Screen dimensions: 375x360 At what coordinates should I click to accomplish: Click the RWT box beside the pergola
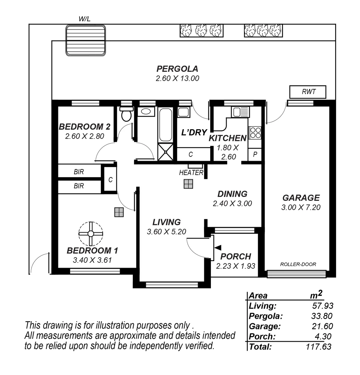[x=308, y=92]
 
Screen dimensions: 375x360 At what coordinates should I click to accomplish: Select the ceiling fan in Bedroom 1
[x=91, y=234]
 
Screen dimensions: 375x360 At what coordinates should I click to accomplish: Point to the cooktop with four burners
[x=255, y=133]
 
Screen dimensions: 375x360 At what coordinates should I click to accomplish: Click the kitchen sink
[x=240, y=112]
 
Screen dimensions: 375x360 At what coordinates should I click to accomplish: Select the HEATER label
[x=191, y=173]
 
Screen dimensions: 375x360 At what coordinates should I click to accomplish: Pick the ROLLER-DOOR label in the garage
[x=298, y=264]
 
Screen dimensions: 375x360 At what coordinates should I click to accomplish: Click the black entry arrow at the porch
[x=218, y=247]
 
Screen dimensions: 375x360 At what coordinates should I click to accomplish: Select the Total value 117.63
[x=319, y=347]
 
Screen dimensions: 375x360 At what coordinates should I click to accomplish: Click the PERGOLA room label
[x=177, y=68]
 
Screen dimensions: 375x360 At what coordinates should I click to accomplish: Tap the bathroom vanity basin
[x=146, y=111]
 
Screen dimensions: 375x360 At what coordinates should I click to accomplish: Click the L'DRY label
[x=194, y=132]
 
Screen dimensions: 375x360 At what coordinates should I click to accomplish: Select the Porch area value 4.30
[x=324, y=336]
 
